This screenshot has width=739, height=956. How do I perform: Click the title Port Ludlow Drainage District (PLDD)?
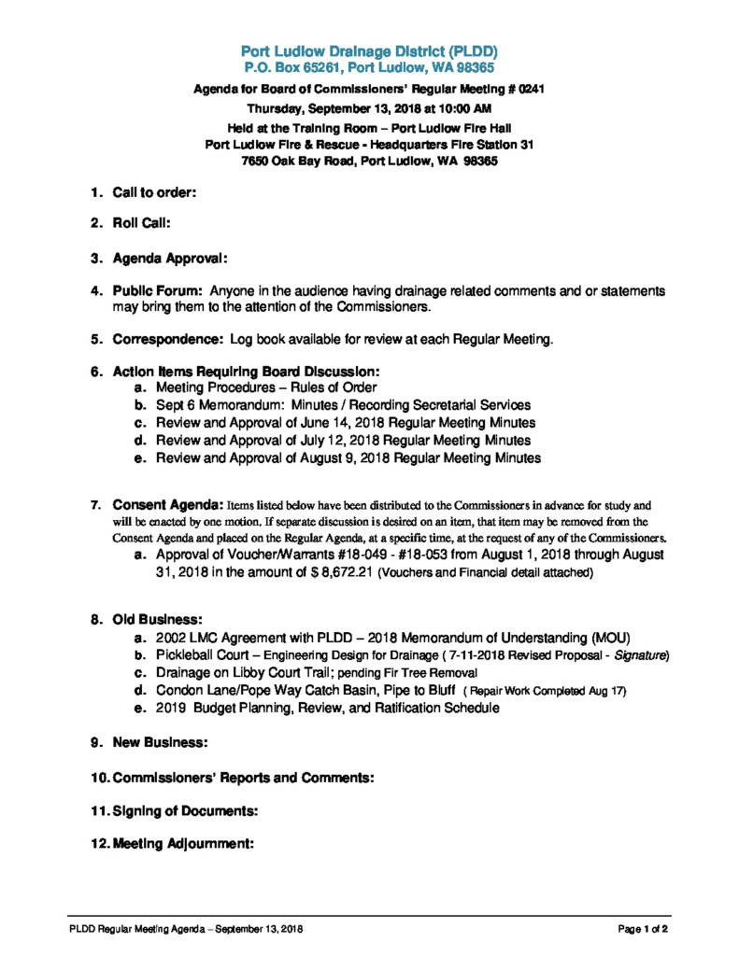(x=369, y=50)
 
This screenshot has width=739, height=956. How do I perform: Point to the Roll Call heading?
(x=141, y=224)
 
